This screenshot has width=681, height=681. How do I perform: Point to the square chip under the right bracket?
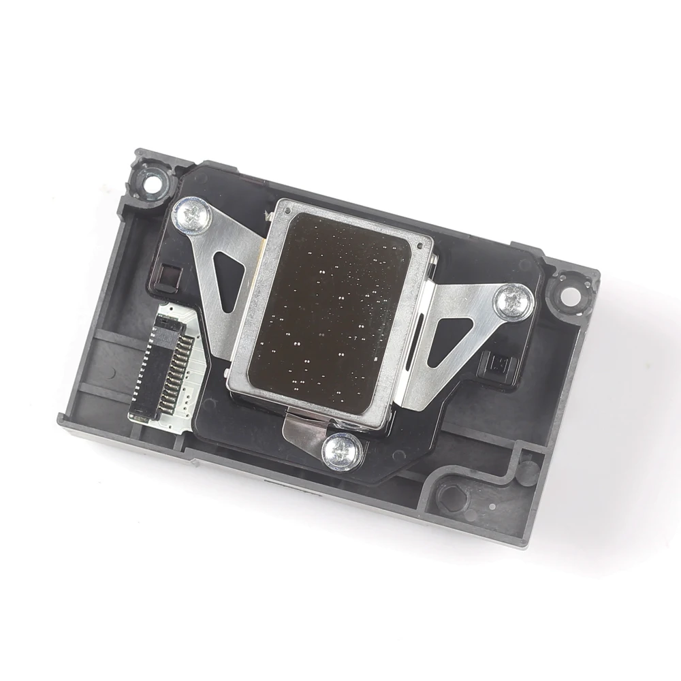(494, 360)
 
